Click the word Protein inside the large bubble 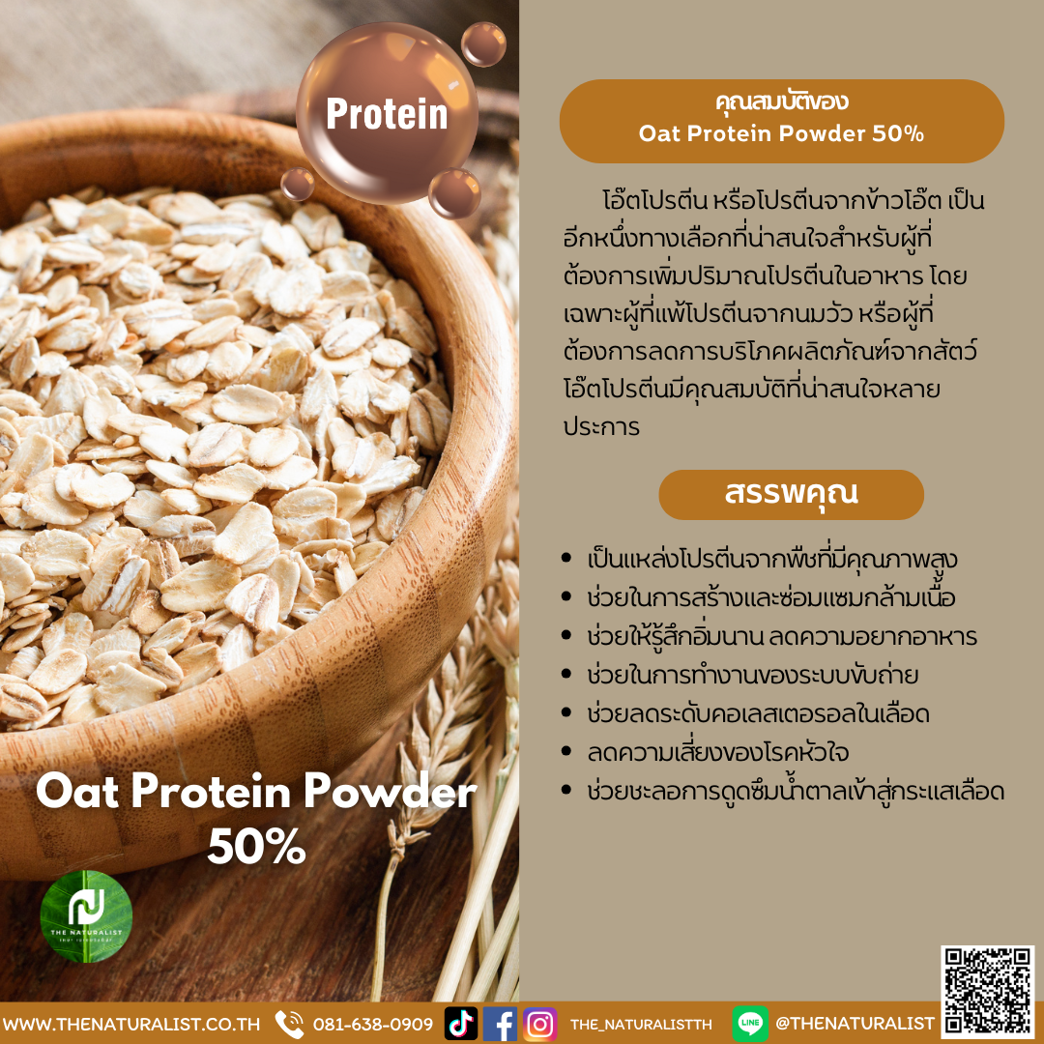[387, 114]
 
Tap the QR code [987, 992]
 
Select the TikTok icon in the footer [460, 1023]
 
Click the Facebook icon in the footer [500, 1023]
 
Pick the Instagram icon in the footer [539, 1023]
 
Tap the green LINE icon [750, 1023]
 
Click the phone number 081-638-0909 [372, 1024]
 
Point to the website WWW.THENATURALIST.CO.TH [131, 1024]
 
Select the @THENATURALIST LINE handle [855, 1024]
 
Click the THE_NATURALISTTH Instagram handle [641, 1024]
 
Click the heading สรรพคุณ [791, 494]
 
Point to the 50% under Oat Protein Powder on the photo [256, 847]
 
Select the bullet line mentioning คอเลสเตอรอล [758, 714]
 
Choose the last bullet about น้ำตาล [796, 792]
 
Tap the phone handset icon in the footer [289, 1023]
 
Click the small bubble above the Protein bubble [482, 43]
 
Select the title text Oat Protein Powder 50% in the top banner [781, 133]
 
